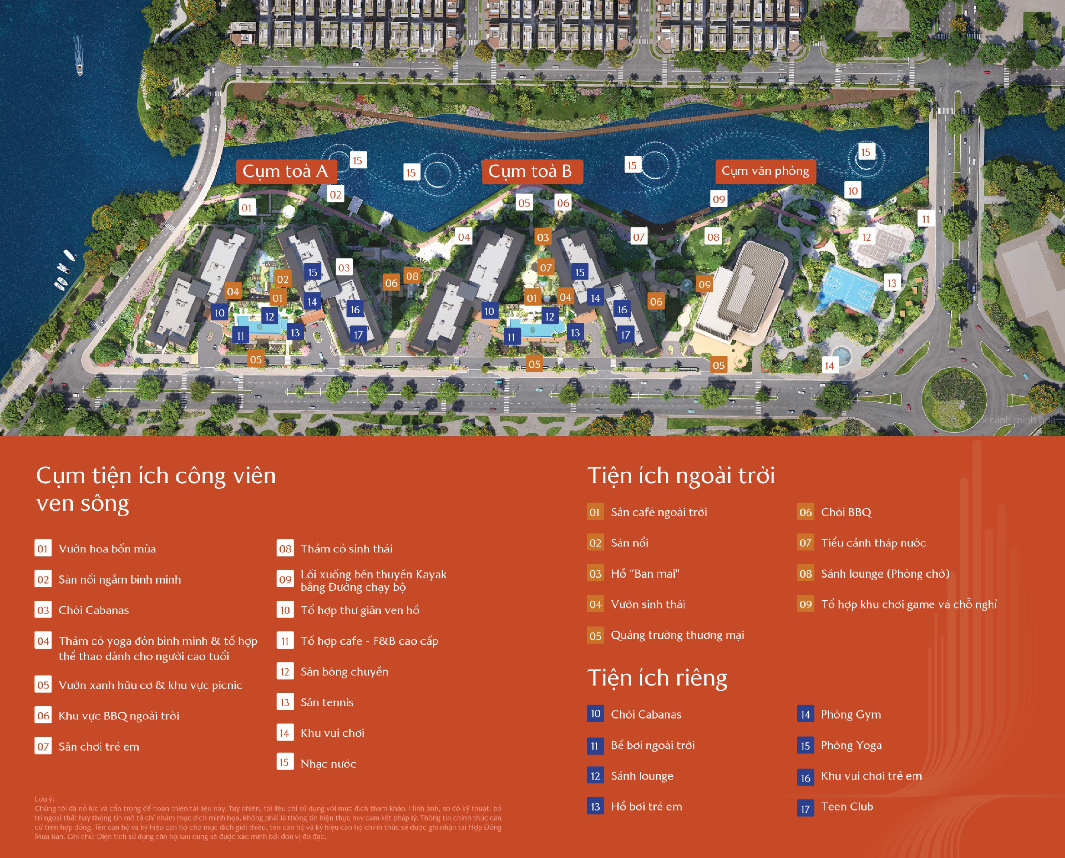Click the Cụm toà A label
click(286, 172)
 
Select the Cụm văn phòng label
click(765, 172)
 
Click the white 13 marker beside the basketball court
click(891, 283)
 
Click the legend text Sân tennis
click(327, 702)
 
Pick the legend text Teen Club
click(847, 807)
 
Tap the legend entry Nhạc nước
click(328, 763)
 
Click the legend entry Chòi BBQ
click(846, 512)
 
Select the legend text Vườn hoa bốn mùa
click(107, 549)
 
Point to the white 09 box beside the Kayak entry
click(285, 579)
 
